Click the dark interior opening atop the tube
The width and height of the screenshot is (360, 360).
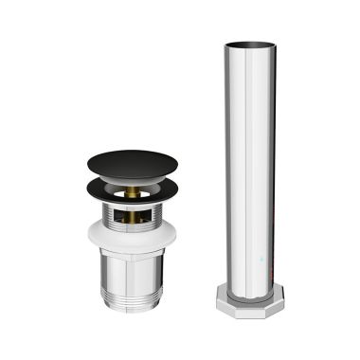click(249, 44)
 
